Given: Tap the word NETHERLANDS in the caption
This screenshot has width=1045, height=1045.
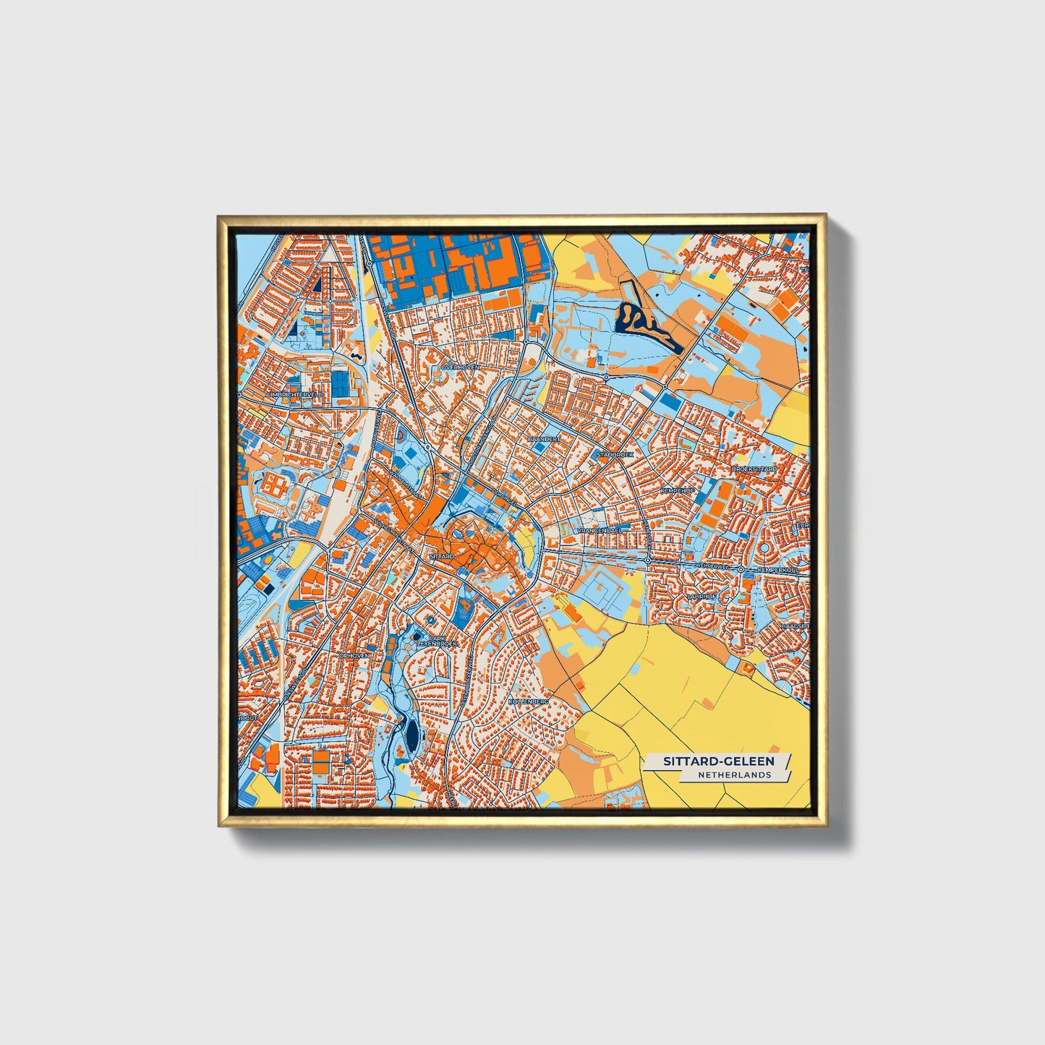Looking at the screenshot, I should pyautogui.click(x=734, y=775).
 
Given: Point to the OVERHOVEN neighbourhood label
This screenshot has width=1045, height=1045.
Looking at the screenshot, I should pyautogui.click(x=461, y=367).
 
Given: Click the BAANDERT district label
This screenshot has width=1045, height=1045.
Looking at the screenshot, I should pyautogui.click(x=544, y=439).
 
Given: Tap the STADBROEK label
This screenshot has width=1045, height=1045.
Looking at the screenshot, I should pyautogui.click(x=614, y=454).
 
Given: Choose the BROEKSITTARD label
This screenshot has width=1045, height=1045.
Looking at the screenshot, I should pyautogui.click(x=754, y=469).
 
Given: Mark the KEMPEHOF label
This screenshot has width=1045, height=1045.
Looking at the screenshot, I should pyautogui.click(x=678, y=490).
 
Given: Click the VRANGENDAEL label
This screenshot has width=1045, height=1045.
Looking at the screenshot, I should pyautogui.click(x=599, y=530).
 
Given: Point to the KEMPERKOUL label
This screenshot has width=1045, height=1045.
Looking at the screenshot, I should pyautogui.click(x=778, y=571).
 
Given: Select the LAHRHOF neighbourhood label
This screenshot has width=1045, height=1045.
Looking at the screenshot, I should pyautogui.click(x=701, y=597).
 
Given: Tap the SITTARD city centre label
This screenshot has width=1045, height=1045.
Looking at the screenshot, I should pyautogui.click(x=441, y=557).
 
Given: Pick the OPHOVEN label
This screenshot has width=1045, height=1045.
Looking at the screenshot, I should pyautogui.click(x=354, y=655).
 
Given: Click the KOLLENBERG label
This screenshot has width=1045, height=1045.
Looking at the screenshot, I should pyautogui.click(x=529, y=701).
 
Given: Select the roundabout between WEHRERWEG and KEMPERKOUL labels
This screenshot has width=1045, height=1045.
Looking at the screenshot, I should pyautogui.click(x=741, y=571).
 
